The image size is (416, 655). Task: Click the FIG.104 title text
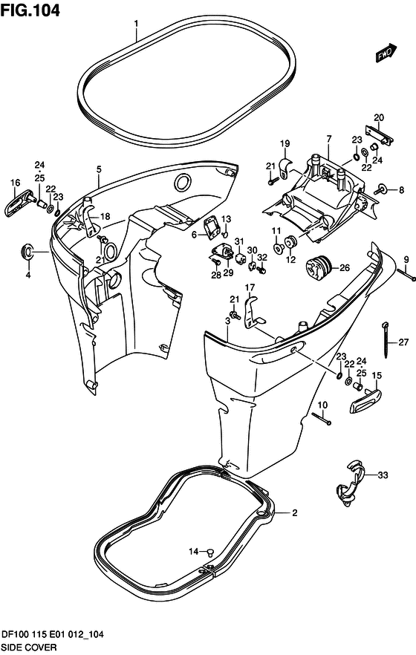click(x=30, y=10)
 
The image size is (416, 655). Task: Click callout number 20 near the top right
click(x=379, y=118)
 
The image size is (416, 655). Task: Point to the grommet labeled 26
click(x=318, y=268)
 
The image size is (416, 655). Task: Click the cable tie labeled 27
click(x=385, y=339)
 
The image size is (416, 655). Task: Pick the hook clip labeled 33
click(x=350, y=483)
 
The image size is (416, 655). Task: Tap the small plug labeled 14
click(x=210, y=553)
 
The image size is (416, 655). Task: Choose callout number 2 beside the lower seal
click(x=294, y=512)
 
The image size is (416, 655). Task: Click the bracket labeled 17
click(x=253, y=310)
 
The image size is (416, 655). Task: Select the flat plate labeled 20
click(x=380, y=136)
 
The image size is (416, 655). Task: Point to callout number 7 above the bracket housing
click(x=328, y=139)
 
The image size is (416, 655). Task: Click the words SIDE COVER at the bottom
click(x=29, y=648)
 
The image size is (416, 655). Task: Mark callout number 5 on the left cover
click(x=99, y=169)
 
